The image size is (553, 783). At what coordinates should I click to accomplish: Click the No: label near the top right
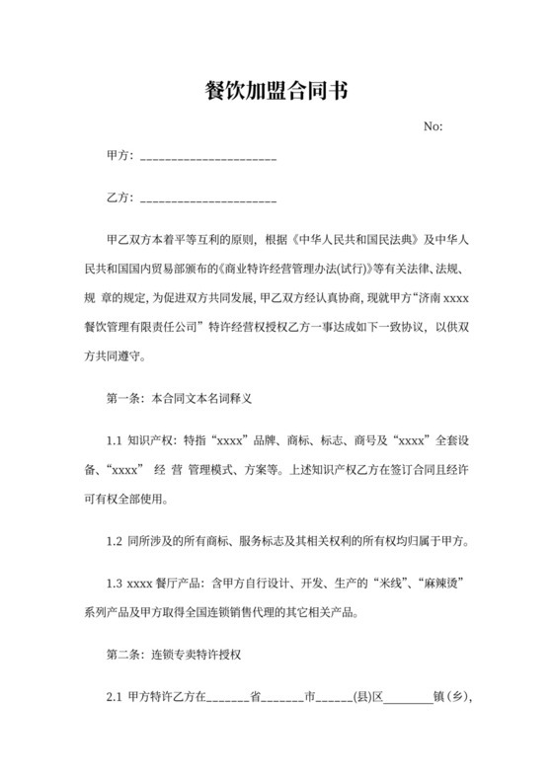tap(433, 127)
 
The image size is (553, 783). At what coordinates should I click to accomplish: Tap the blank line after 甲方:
tap(209, 159)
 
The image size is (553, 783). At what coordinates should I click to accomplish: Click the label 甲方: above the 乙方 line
tap(119, 157)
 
